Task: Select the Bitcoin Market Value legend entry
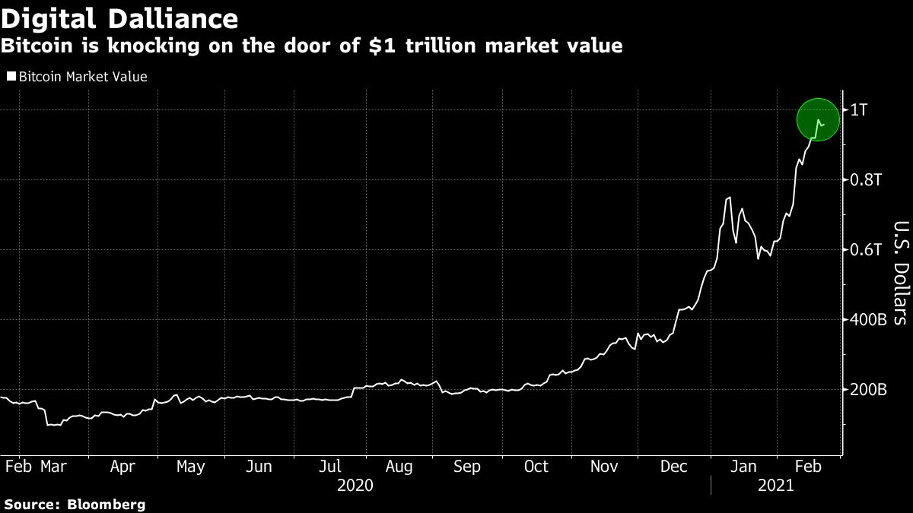[x=82, y=77]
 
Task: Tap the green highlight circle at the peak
[x=818, y=119]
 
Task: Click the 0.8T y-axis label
[x=866, y=180]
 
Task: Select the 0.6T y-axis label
[x=866, y=250]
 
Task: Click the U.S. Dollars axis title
[x=899, y=273]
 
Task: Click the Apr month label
[x=122, y=467]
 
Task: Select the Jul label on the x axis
[x=329, y=467]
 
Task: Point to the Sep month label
[x=466, y=467]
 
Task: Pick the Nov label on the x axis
[x=606, y=467]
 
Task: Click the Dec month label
[x=675, y=467]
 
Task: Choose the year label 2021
[x=776, y=485]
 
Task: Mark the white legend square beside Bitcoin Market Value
[x=11, y=77]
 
